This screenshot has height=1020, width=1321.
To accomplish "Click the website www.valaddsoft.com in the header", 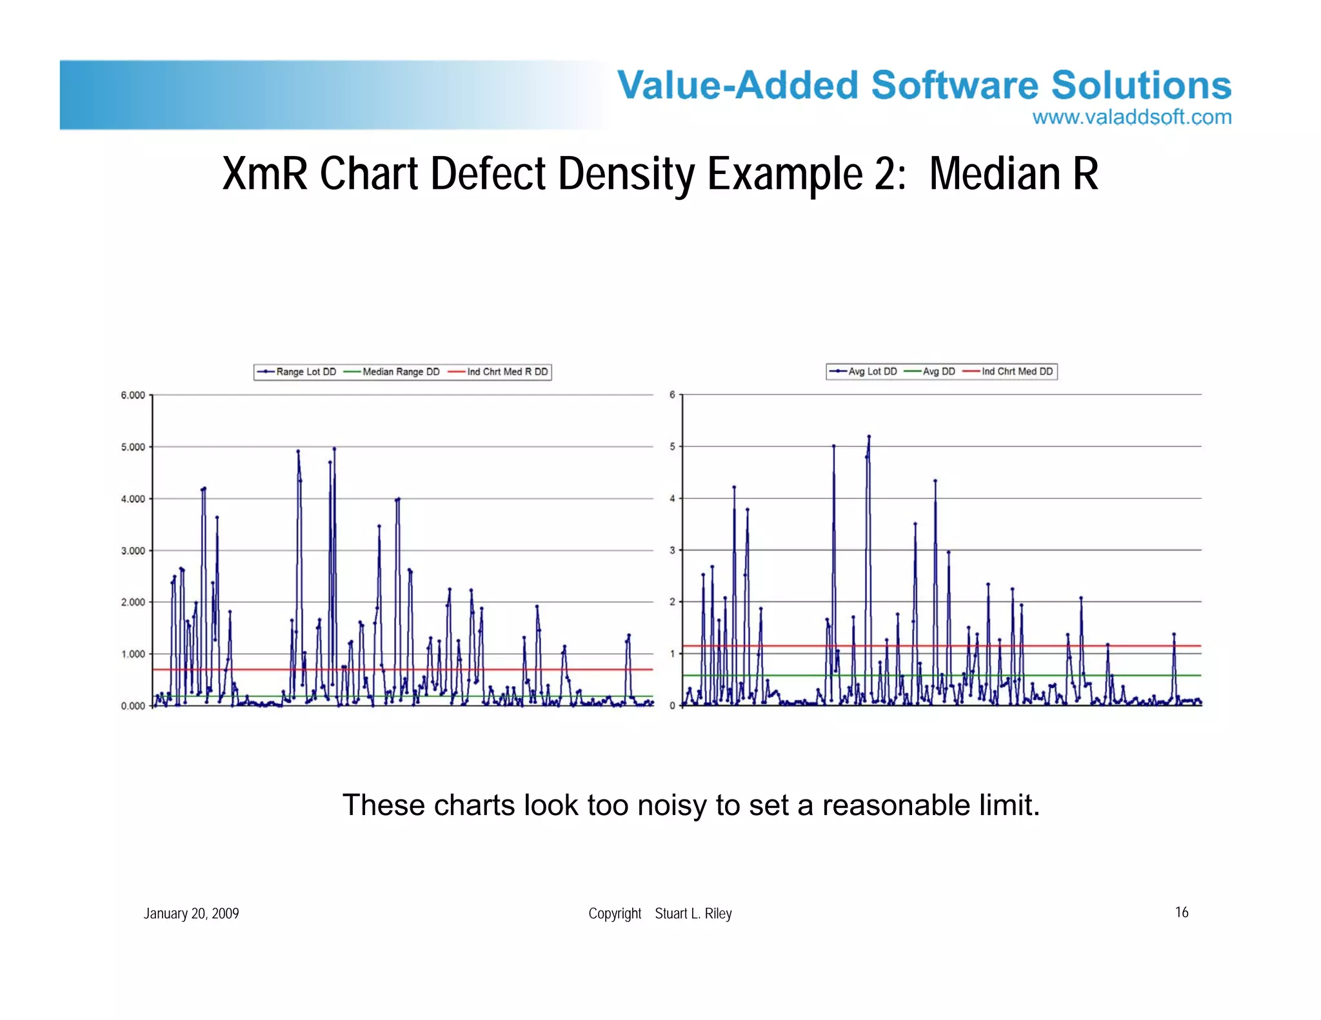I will point(1131,117).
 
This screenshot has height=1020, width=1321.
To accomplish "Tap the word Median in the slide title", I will point(994,174).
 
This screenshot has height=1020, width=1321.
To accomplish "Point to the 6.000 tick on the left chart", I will point(133,395).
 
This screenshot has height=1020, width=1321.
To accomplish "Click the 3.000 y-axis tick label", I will point(133,551).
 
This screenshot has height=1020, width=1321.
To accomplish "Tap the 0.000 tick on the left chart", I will point(133,706).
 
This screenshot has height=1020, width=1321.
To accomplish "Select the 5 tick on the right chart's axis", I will point(672,446).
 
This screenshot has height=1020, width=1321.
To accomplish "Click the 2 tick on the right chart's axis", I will point(672,602).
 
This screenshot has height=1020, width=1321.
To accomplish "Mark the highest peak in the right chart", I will point(869,436).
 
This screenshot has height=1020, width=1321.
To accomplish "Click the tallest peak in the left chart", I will point(334,449).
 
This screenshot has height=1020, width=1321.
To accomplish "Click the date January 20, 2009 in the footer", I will point(191,914).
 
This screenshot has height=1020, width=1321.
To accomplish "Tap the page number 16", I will point(1182,912).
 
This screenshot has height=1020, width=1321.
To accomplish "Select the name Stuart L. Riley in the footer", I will point(693,914).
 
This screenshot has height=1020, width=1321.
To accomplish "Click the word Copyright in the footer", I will point(615,914).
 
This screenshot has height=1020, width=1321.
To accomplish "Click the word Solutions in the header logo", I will point(1141,85).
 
